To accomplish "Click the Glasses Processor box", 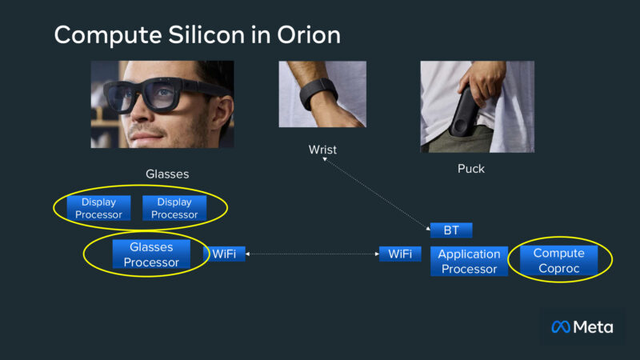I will click(152, 254).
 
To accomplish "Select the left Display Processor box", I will click(98, 208).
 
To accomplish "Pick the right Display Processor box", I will click(174, 208).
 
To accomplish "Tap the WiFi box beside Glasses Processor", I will click(223, 254).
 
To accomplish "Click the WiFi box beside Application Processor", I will click(400, 254).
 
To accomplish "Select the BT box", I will click(451, 230).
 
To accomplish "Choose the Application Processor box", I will click(469, 261).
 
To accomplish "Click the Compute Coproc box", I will click(558, 260).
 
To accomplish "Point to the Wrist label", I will click(322, 150).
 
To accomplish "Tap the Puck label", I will click(470, 169).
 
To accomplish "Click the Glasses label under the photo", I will click(167, 174).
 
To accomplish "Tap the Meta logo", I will click(582, 326).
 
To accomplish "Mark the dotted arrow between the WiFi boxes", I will click(312, 254).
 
